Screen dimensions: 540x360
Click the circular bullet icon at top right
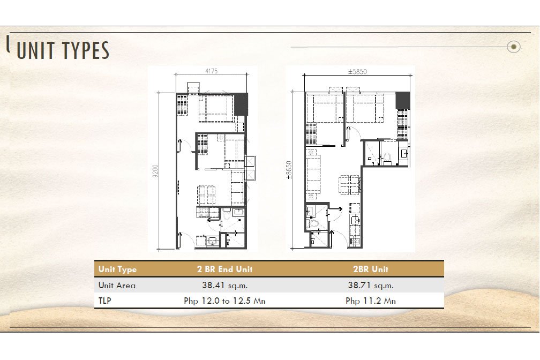513,47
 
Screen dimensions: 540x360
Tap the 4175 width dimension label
211,71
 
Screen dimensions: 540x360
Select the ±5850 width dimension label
357,72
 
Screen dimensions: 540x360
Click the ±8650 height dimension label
289,170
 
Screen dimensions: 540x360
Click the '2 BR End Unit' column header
225,269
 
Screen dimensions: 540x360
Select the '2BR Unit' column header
371,269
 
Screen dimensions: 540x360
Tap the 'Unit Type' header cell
117,269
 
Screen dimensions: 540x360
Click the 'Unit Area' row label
117,285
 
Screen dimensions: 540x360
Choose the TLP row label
104,301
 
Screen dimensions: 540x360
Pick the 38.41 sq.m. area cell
224,285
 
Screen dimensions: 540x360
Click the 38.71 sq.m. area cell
371,285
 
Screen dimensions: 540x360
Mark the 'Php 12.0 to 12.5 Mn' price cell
224,301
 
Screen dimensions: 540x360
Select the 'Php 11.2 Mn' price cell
371,301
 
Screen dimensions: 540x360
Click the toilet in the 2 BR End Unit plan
227,216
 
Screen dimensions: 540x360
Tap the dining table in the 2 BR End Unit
207,194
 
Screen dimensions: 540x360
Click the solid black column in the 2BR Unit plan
403,100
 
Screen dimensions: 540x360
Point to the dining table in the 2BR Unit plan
350,185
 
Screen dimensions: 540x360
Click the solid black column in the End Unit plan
241,104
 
